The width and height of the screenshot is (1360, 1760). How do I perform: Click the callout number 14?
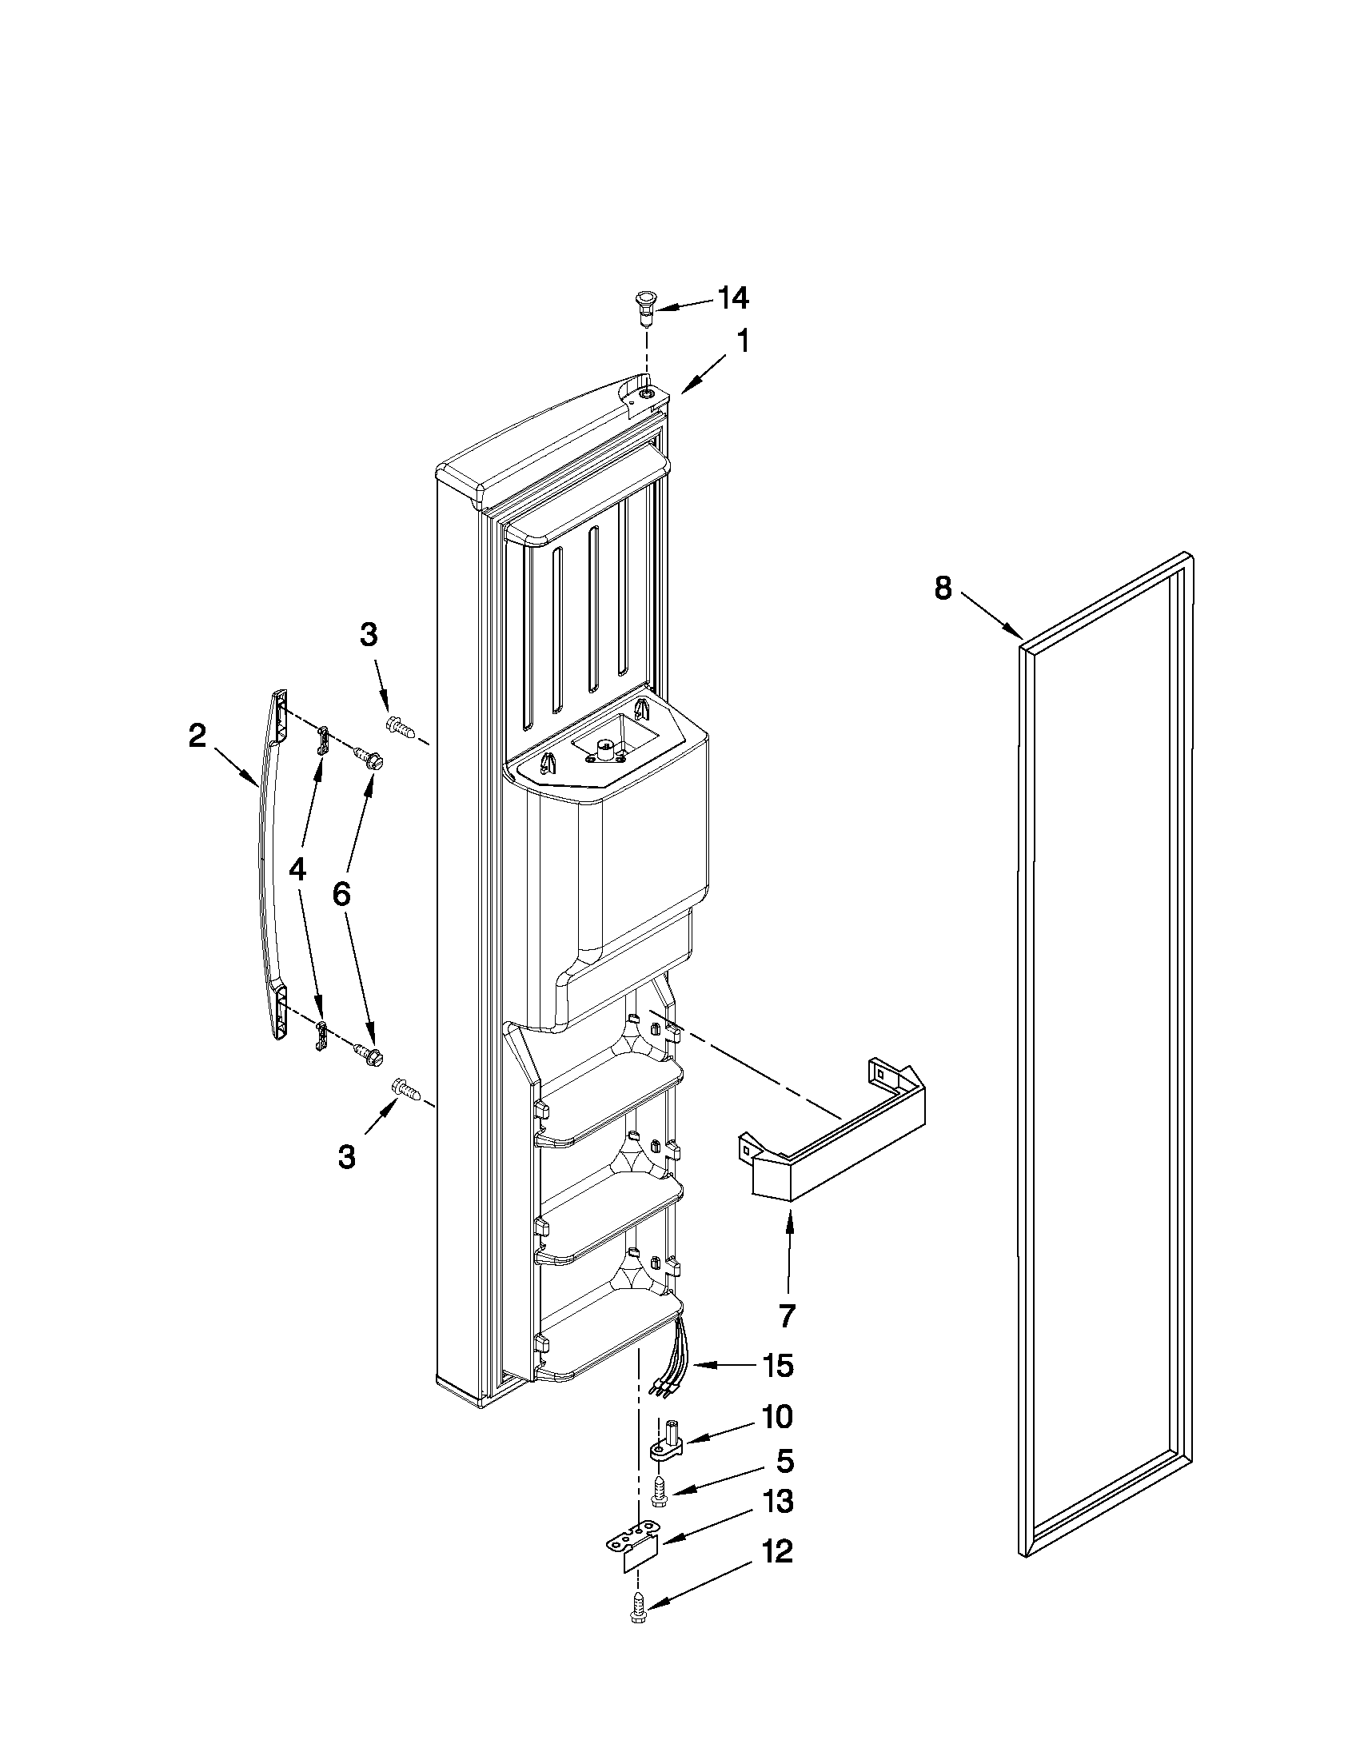click(733, 299)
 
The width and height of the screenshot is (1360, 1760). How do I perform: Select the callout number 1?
click(743, 341)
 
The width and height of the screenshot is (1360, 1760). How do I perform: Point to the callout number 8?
click(943, 588)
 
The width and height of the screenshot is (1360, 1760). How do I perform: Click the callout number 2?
click(197, 736)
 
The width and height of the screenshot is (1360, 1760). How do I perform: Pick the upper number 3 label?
click(368, 635)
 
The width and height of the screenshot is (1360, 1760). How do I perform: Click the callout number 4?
click(297, 868)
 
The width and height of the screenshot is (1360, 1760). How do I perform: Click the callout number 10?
click(777, 1417)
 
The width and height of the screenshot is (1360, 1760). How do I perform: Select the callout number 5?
click(785, 1460)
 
